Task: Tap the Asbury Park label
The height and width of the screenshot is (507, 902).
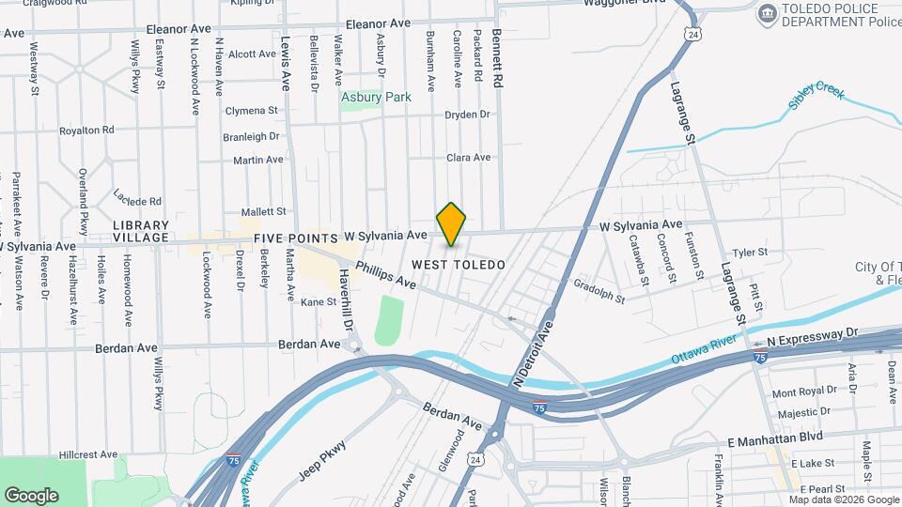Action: pos(376,97)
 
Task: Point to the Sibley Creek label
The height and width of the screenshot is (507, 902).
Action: pos(816,97)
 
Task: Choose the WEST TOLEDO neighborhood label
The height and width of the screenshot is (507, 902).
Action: pos(459,265)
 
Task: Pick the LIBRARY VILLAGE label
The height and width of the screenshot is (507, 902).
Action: pos(141,232)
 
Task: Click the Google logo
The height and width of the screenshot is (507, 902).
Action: pos(31,495)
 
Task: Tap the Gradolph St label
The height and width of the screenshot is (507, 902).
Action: pos(599,292)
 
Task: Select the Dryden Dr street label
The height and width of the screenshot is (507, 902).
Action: pos(468,115)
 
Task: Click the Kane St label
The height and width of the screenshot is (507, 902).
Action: pos(319,301)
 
